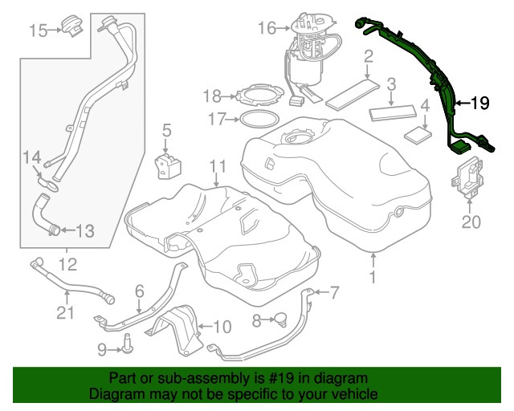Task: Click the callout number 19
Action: coord(479,103)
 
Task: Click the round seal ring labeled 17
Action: coord(256,120)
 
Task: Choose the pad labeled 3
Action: coord(392,111)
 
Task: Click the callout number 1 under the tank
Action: coord(372,277)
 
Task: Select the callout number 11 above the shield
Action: coord(214,167)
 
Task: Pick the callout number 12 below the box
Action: coord(65,263)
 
